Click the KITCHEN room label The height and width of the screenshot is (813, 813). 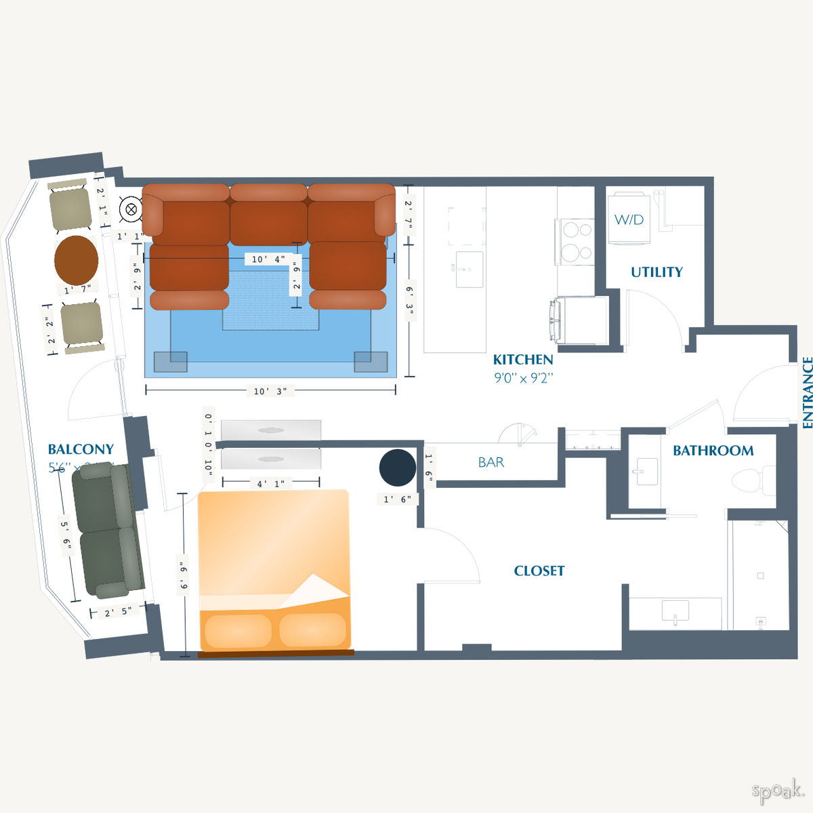pos(522,360)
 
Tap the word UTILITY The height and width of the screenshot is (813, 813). pos(656,272)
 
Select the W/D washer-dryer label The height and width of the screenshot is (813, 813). pos(629,220)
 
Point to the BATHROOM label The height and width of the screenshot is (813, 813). pos(713,451)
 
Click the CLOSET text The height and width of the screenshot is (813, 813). pos(539,571)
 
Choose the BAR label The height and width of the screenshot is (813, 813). pos(491,462)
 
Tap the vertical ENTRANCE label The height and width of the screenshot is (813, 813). pos(807,393)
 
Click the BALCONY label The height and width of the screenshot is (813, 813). pos(81,449)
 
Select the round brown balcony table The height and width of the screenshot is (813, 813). pos(76,260)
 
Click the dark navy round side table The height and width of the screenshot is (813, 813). pos(397,467)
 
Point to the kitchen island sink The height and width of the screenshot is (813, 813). pos(468,269)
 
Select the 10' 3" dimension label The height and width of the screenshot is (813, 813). pos(270,391)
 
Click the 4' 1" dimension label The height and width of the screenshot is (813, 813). pos(270,484)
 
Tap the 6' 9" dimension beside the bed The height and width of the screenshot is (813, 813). pos(183,575)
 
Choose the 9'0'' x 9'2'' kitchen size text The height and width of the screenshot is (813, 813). pos(523,378)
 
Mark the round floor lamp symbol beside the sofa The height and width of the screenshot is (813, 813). pos(129,209)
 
